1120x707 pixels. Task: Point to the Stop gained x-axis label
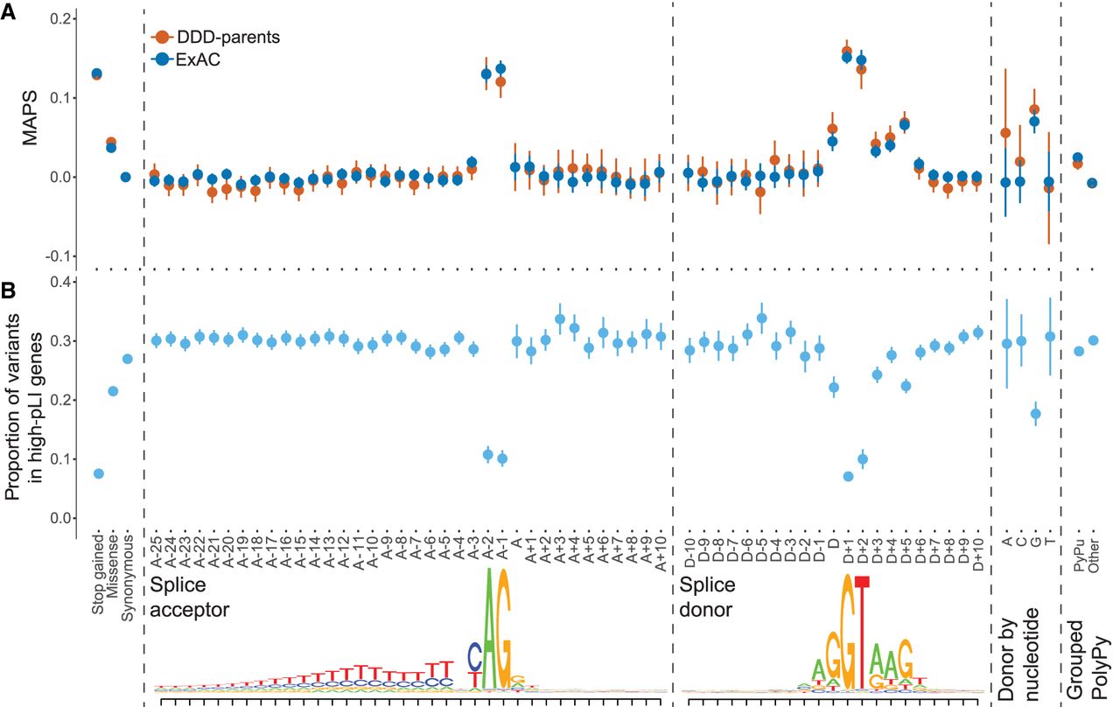click(98, 568)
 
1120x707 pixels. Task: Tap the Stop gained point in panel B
click(98, 473)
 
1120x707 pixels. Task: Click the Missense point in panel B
click(112, 390)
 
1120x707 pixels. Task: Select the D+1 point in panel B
click(847, 476)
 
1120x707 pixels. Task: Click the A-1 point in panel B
click(501, 458)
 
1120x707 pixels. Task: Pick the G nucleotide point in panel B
click(1035, 414)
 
